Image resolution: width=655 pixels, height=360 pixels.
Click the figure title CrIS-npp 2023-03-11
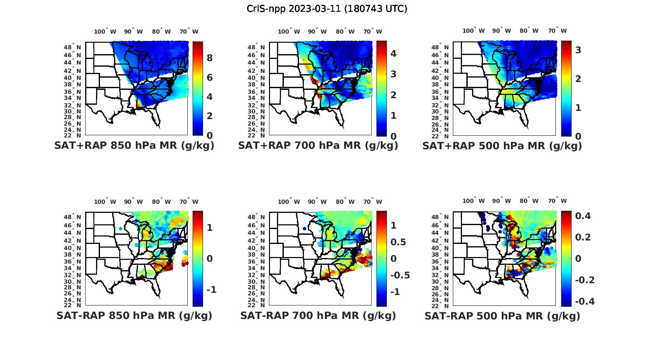(327, 9)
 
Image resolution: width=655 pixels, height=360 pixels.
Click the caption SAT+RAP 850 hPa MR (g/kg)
(134, 146)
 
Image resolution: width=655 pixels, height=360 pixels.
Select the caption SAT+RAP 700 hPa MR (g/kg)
(318, 146)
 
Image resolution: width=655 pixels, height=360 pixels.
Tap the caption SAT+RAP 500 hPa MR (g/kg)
(502, 146)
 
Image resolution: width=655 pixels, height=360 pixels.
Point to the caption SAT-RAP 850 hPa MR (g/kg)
(134, 315)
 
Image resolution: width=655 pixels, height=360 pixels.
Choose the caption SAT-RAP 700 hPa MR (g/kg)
(318, 315)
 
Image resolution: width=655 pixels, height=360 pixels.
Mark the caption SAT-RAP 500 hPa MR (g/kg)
(502, 316)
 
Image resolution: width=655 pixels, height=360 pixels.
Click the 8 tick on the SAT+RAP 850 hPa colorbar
(210, 58)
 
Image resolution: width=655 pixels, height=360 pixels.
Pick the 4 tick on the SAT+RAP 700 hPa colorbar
(393, 53)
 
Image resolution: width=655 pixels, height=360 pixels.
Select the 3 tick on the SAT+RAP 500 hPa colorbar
(578, 50)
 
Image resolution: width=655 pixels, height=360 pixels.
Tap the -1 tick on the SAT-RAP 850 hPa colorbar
(211, 290)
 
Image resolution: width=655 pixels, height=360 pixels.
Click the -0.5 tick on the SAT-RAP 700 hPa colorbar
(400, 275)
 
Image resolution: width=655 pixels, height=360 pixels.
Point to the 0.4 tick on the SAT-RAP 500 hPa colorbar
(583, 216)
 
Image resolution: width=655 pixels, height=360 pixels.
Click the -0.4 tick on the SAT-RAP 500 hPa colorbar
(584, 302)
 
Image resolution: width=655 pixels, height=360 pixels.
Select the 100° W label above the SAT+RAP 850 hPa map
(105, 31)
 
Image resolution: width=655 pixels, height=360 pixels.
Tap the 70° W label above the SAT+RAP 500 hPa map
(557, 31)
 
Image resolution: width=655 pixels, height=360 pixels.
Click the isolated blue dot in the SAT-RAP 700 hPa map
(304, 229)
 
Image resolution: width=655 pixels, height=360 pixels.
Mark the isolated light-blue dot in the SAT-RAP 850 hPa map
(121, 229)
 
